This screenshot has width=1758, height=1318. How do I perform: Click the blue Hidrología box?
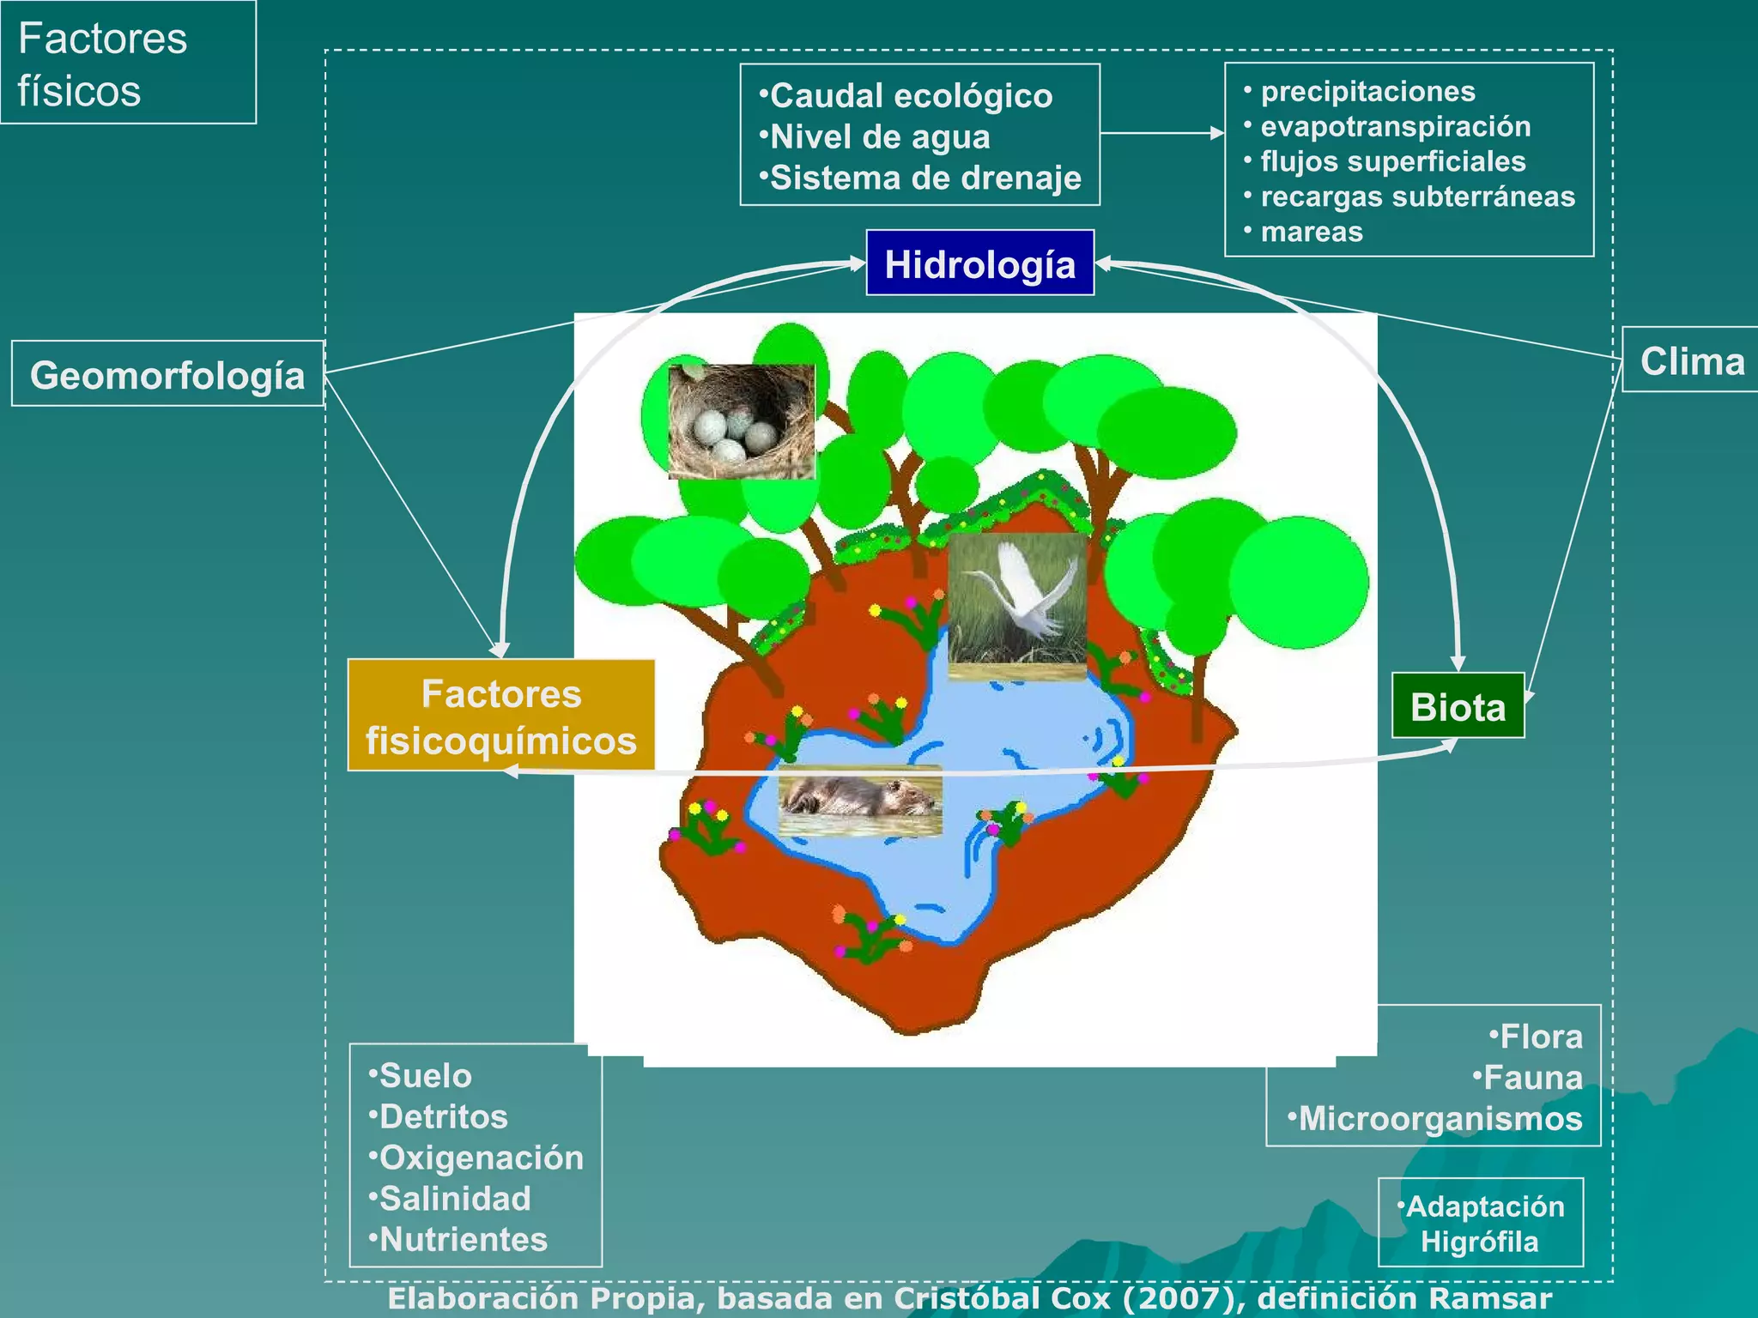pyautogui.click(x=979, y=263)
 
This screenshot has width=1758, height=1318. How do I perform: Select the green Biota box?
pyautogui.click(x=1458, y=707)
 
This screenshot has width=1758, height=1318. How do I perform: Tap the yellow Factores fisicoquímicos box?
pyautogui.click(x=501, y=716)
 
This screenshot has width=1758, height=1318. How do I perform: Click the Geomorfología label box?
pyautogui.click(x=167, y=375)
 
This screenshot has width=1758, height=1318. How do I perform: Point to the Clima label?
pyautogui.click(x=1691, y=361)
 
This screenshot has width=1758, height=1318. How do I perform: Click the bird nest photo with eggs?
pyautogui.click(x=741, y=421)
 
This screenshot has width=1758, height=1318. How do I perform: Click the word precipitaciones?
pyautogui.click(x=1367, y=91)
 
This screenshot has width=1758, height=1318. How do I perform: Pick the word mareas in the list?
pyautogui.click(x=1311, y=232)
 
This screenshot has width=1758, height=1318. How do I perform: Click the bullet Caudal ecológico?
pyautogui.click(x=910, y=96)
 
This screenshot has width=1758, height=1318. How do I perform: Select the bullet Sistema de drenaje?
pyautogui.click(x=924, y=178)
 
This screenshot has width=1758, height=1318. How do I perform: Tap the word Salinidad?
pyautogui.click(x=455, y=1199)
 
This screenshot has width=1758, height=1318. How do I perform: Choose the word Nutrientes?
pyautogui.click(x=463, y=1240)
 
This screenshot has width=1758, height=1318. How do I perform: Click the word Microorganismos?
pyautogui.click(x=1440, y=1119)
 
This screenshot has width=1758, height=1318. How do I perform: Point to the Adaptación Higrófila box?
pyautogui.click(x=1480, y=1223)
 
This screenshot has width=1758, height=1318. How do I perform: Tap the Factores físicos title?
pyautogui.click(x=102, y=64)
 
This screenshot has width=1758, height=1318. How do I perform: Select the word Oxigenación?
pyautogui.click(x=481, y=1158)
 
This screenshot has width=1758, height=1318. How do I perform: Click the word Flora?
pyautogui.click(x=1541, y=1037)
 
